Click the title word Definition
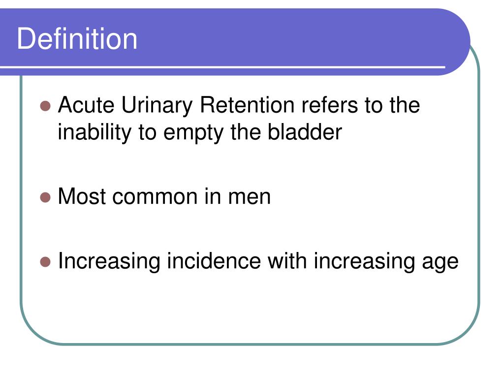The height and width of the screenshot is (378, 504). click(x=77, y=39)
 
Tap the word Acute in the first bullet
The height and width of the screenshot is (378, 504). click(x=86, y=105)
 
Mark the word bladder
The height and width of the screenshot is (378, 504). click(x=304, y=132)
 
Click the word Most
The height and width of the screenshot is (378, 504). click(x=82, y=197)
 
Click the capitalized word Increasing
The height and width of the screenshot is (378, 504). click(x=109, y=261)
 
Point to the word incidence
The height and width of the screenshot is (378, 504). click(x=214, y=261)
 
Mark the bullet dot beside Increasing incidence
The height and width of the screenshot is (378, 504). click(x=46, y=262)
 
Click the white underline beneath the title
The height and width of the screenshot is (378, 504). click(x=221, y=66)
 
